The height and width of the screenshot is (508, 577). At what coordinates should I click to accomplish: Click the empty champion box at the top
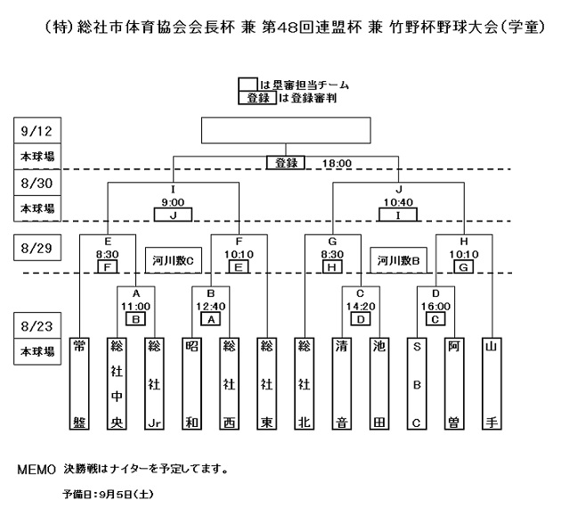tap(285, 131)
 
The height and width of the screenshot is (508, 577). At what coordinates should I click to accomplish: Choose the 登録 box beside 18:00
tap(285, 164)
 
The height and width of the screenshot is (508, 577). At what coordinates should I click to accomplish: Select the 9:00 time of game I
tap(173, 201)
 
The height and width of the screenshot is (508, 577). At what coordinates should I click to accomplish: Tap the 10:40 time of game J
tap(398, 201)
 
